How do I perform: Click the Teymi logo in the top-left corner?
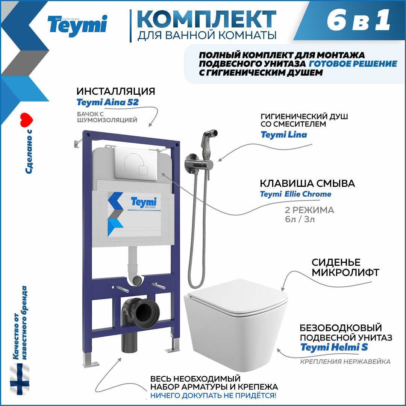tap(77, 26)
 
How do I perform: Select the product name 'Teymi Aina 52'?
tap(108, 102)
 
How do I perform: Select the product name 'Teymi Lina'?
tap(284, 135)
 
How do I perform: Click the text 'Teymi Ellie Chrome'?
tap(295, 194)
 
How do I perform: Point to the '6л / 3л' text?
tap(300, 220)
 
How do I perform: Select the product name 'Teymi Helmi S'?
tap(334, 347)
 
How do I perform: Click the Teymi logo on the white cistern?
tap(143, 203)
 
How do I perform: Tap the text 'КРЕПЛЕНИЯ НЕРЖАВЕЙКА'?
tap(345, 362)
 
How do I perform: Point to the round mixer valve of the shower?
tap(191, 162)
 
